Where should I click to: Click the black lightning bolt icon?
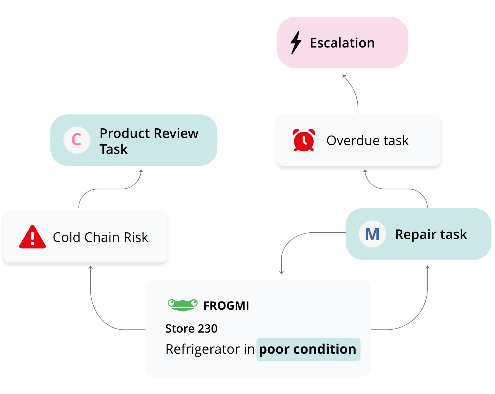coord(296,43)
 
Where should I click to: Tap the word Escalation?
coord(342,43)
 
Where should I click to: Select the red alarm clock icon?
coord(304,140)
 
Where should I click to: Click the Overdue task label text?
coord(367,141)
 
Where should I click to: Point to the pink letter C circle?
coord(77,140)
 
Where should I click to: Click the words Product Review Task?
coord(149,141)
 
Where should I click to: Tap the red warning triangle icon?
coord(32,237)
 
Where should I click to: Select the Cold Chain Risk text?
coord(100,237)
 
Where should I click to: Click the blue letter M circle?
coord(372,234)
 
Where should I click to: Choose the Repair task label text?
coord(431,234)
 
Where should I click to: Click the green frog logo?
coord(183,305)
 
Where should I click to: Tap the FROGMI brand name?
coord(226,306)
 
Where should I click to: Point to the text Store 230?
coord(191,329)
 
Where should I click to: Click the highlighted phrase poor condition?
coord(307,349)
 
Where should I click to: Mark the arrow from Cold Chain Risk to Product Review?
coord(110,189)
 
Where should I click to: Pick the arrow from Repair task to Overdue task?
coord(396,189)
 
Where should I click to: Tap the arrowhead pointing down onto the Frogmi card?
coord(281,272)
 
